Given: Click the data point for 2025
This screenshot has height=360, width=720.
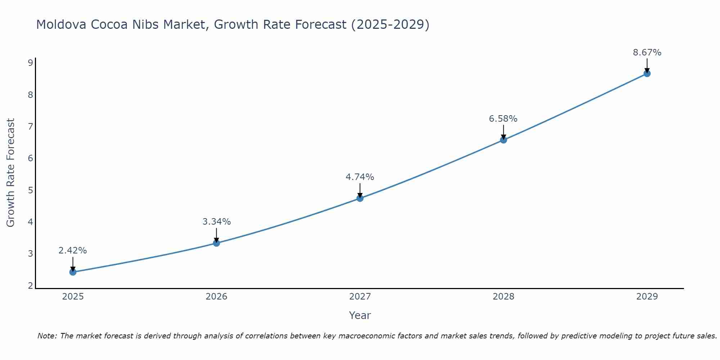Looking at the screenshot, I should coord(73,272).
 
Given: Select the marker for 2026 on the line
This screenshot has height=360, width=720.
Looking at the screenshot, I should coord(216,243).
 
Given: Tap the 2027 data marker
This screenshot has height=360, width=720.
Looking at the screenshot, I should coord(360,198).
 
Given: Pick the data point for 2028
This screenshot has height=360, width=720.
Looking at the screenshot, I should coord(503,140).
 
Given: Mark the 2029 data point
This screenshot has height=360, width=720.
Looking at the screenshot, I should coord(647,73).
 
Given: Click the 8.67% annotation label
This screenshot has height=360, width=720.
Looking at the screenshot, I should coord(647,53).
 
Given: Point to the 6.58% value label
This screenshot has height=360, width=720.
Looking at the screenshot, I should coord(503,119).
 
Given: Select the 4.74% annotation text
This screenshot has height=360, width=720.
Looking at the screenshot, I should coord(360,177).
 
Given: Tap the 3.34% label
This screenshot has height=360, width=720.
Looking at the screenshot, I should coord(216,222).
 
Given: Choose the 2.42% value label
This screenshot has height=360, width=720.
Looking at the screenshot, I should coord(73,251).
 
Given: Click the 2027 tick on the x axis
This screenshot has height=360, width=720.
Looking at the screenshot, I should coord(360,297).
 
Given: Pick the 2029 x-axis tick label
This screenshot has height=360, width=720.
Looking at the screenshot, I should coord(647,297).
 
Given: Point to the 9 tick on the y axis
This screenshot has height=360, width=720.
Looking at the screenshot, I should coord(30,63).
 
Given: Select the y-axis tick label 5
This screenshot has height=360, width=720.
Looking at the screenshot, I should coord(30,190).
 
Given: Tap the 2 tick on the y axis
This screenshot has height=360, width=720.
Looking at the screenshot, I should coord(30,286).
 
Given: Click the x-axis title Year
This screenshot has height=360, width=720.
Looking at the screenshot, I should coord(360,315).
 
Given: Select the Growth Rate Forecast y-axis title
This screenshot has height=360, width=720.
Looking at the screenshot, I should coord(11,173).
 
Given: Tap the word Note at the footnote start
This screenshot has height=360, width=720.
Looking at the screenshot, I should coord(47,336).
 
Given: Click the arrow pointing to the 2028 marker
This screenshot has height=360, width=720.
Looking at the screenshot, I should coord(503,132).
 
